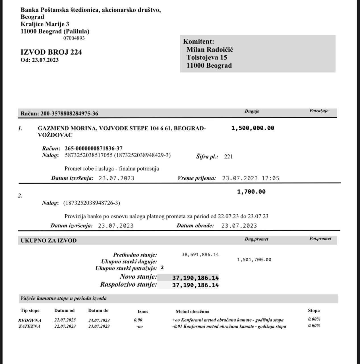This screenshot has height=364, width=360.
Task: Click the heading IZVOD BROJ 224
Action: (x=51, y=52)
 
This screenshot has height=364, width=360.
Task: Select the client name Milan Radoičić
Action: (x=210, y=49)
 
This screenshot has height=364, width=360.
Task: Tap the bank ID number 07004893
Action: (x=74, y=38)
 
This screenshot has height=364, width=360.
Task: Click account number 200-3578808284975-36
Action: (x=69, y=113)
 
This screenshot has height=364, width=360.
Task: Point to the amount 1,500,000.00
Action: (x=253, y=128)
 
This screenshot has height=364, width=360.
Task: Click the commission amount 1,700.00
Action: (x=251, y=192)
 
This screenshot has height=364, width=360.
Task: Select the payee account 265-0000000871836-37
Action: (x=94, y=148)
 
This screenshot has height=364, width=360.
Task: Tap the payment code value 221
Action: (x=228, y=157)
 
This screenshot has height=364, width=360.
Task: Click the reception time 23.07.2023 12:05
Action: (x=251, y=178)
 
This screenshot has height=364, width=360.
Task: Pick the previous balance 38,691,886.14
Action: (x=200, y=255)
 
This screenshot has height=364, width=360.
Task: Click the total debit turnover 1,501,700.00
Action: (x=254, y=260)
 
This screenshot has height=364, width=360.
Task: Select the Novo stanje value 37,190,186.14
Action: (x=195, y=278)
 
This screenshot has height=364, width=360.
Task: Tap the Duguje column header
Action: (x=252, y=111)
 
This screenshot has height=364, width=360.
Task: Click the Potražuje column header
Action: (x=319, y=111)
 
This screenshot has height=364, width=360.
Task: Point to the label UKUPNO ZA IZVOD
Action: (x=49, y=241)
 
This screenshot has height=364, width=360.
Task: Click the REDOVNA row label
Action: (x=30, y=320)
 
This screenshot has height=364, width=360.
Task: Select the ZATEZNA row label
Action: (x=29, y=326)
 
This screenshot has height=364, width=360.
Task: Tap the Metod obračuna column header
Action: (x=193, y=311)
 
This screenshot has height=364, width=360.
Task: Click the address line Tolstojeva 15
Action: (x=207, y=57)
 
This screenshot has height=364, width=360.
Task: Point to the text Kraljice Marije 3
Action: (x=45, y=24)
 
